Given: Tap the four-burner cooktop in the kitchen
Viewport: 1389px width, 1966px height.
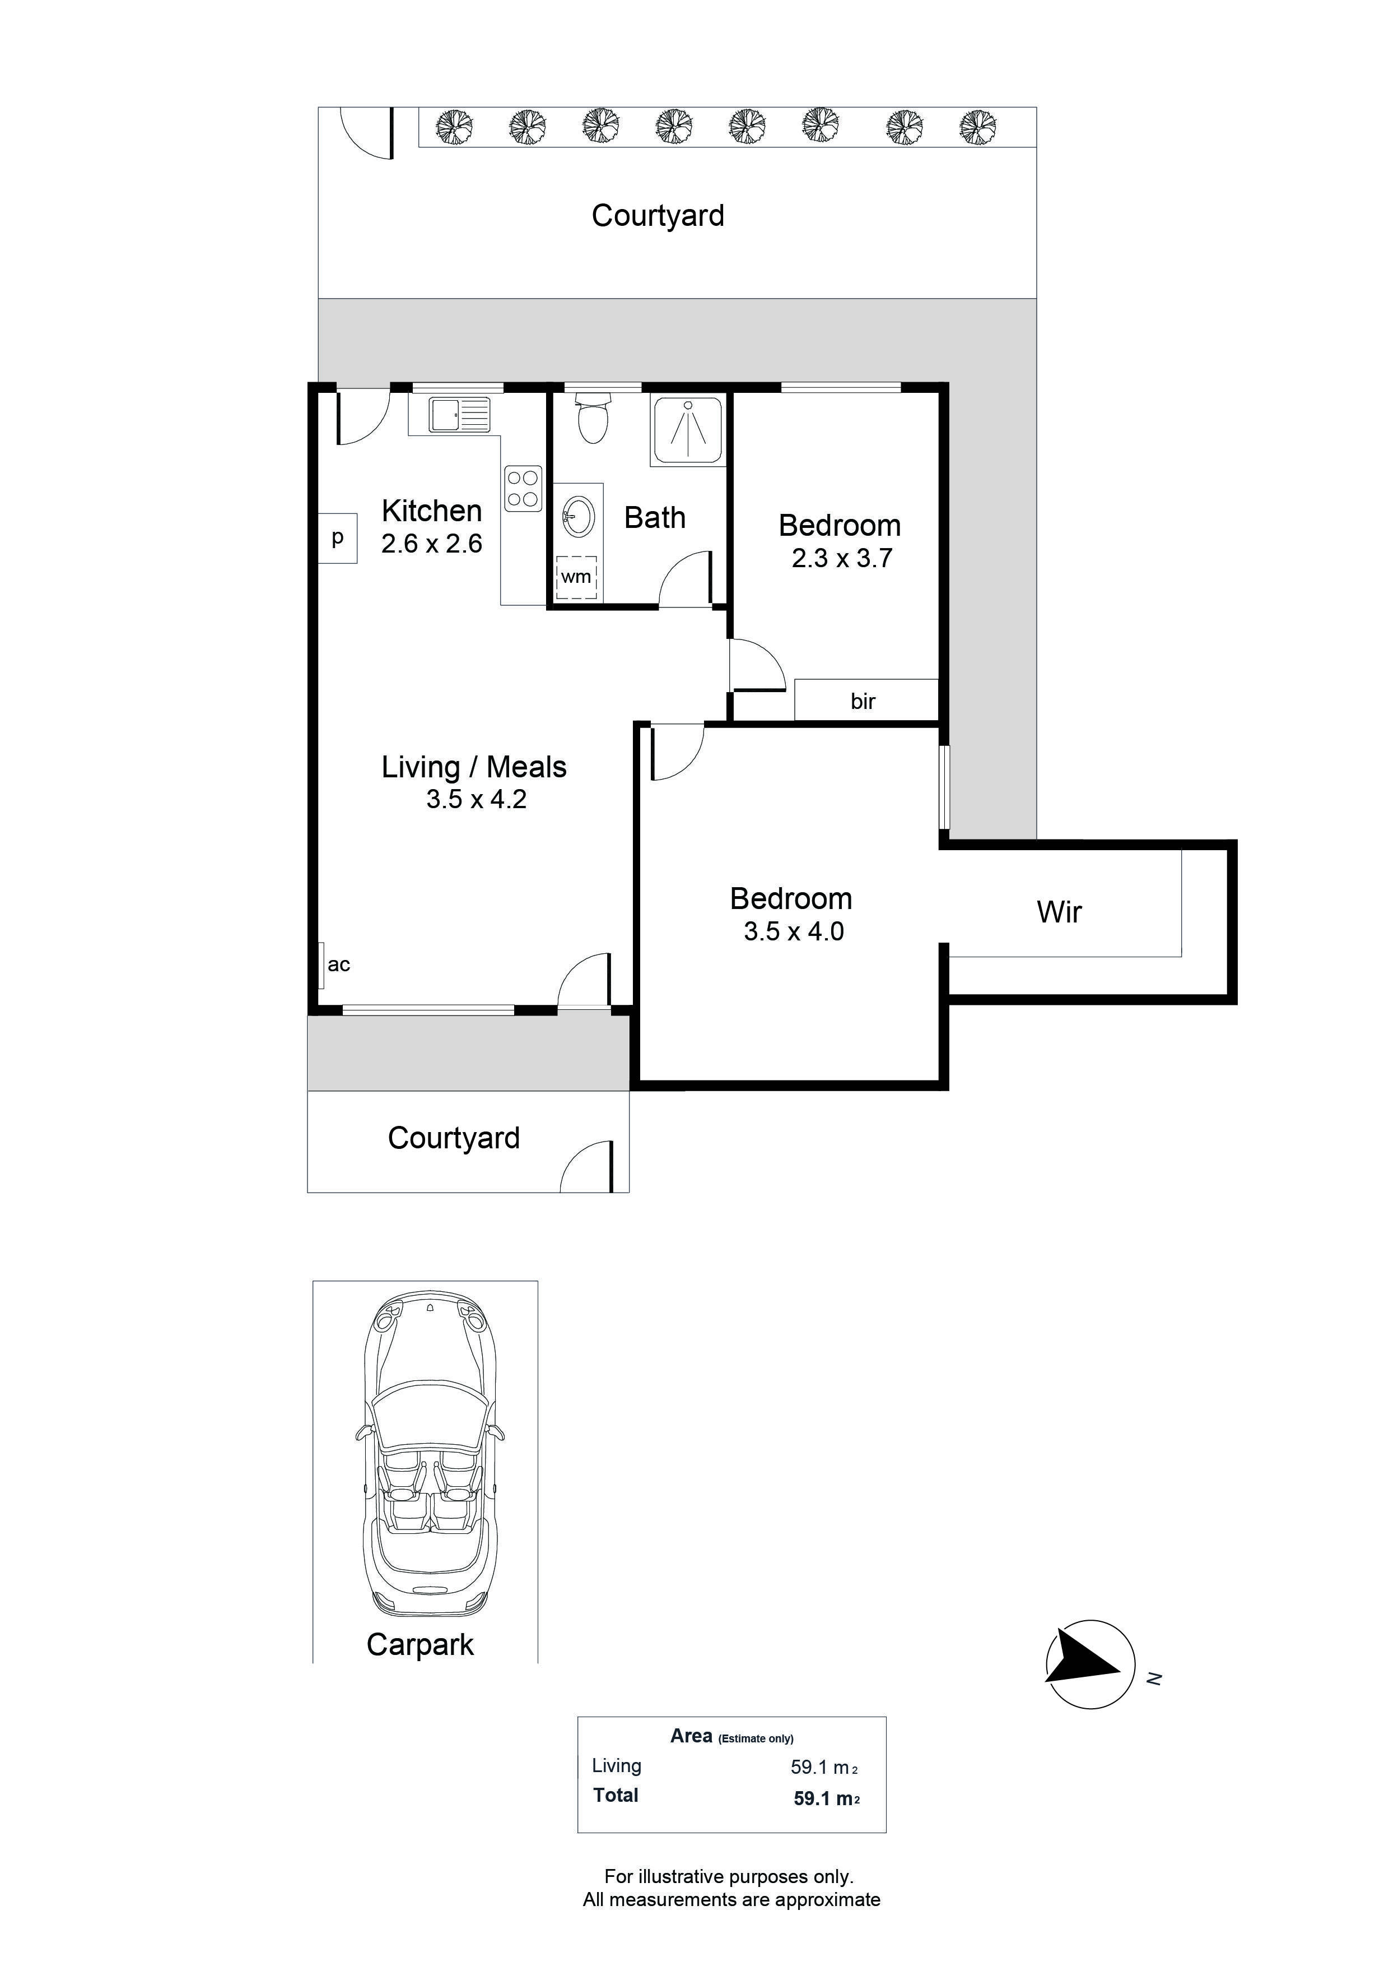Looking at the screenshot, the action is click(x=523, y=488).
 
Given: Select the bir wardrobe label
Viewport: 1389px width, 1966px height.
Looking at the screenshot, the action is click(x=863, y=701).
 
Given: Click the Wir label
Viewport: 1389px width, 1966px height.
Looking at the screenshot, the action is click(x=1060, y=912).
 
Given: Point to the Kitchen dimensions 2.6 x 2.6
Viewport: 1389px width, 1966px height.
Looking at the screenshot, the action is click(x=432, y=544).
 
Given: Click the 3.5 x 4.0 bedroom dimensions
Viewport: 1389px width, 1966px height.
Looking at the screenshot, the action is click(x=794, y=931).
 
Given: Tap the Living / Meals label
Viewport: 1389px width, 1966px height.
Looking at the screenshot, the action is click(x=474, y=767).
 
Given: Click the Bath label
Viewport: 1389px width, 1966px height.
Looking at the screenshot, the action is click(x=655, y=518).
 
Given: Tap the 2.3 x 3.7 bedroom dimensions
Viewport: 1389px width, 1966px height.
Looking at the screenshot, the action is click(x=842, y=558).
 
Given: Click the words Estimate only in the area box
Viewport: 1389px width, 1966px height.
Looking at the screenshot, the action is click(x=756, y=1739).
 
